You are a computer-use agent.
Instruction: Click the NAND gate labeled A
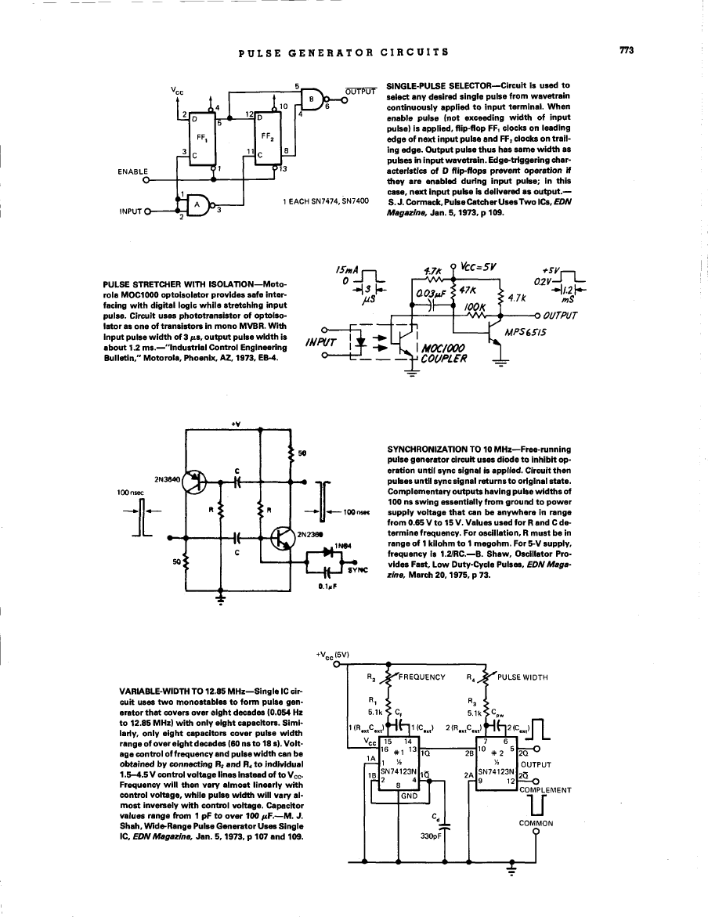click(x=196, y=206)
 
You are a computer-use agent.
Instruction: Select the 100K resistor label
click(x=475, y=306)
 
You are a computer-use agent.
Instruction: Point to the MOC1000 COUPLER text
click(x=443, y=354)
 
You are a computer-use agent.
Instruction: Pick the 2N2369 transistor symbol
click(x=285, y=537)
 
